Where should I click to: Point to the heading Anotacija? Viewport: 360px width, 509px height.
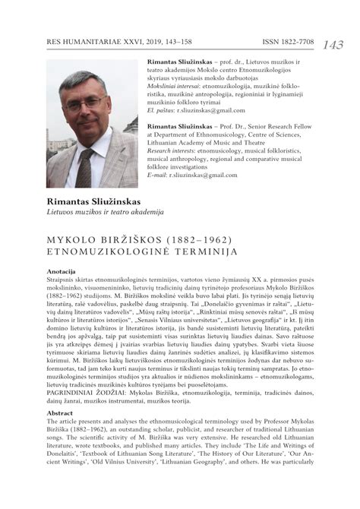[62, 271]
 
